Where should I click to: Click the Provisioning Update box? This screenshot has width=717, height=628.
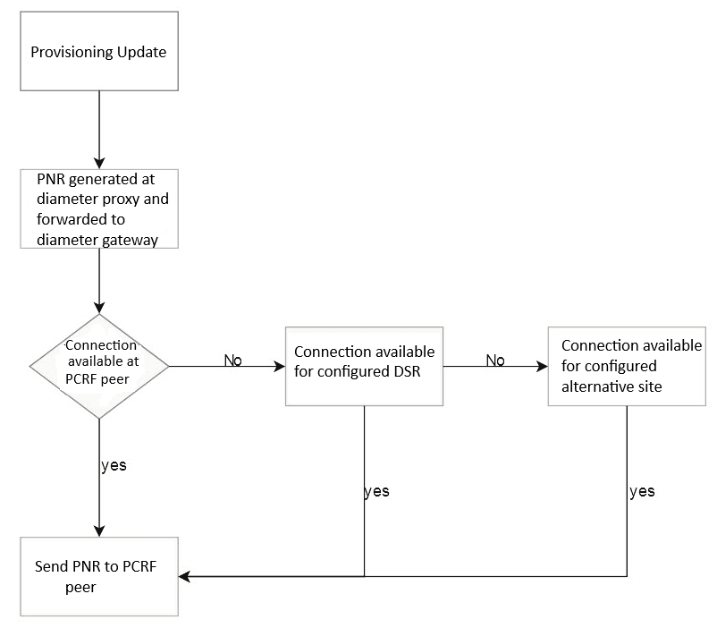pyautogui.click(x=98, y=51)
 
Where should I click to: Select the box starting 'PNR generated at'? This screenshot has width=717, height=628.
pyautogui.click(x=98, y=208)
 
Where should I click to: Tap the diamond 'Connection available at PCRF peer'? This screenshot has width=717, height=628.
pyautogui.click(x=99, y=366)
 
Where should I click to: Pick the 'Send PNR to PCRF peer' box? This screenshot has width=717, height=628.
pyautogui.click(x=98, y=576)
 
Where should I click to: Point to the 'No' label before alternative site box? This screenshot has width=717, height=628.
pyautogui.click(x=495, y=360)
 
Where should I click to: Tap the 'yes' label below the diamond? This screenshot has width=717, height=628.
pyautogui.click(x=114, y=465)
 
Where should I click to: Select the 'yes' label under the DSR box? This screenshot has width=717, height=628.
pyautogui.click(x=377, y=492)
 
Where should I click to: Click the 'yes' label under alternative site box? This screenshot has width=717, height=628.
pyautogui.click(x=642, y=491)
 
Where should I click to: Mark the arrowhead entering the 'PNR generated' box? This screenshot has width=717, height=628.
pyautogui.click(x=98, y=163)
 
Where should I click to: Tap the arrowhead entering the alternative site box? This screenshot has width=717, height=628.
pyautogui.click(x=541, y=366)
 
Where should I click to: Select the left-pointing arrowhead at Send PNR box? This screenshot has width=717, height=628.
pyautogui.click(x=184, y=576)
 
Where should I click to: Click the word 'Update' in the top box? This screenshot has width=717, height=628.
pyautogui.click(x=141, y=52)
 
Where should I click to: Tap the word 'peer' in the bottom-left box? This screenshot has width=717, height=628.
pyautogui.click(x=80, y=588)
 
